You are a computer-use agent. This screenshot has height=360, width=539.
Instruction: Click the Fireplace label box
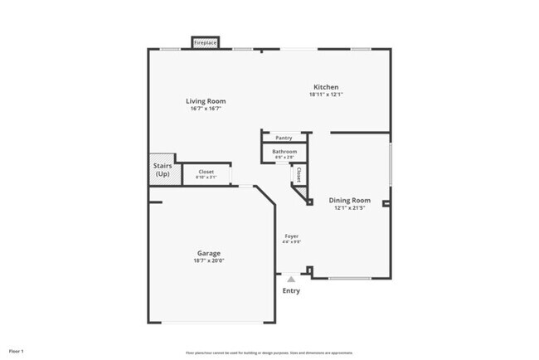coord(205,42)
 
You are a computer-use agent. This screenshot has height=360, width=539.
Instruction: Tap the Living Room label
coord(205,101)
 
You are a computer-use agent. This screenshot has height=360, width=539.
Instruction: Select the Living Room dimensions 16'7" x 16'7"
coord(205,108)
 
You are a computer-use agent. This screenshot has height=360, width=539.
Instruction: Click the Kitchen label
coord(325,87)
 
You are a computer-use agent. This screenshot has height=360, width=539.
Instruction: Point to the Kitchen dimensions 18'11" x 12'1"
coord(325,95)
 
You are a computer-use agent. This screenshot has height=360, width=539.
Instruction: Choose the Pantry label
coord(284,138)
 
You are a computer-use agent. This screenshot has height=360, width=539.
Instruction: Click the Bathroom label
coord(284,152)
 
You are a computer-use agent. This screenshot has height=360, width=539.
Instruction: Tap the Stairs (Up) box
coord(163,170)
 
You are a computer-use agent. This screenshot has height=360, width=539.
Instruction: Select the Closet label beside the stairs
coord(206,172)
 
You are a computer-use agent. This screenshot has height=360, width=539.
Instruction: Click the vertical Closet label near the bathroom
coord(298,175)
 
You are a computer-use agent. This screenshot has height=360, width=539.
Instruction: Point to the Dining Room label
coord(349,201)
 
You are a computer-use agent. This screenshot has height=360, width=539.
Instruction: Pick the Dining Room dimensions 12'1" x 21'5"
coord(349,208)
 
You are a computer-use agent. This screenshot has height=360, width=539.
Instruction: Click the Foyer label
coord(291,236)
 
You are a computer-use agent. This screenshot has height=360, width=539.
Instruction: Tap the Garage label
coord(208,253)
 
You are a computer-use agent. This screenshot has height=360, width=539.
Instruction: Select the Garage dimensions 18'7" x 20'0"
coord(208,260)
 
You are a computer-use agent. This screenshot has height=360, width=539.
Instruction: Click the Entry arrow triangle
coord(291,280)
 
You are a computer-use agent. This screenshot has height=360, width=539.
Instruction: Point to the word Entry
coord(291,291)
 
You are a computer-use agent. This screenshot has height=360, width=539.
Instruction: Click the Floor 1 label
coord(17,352)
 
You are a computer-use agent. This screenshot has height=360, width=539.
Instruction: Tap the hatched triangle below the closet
coord(303,195)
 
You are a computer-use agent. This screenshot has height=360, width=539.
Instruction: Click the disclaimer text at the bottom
coord(269,352)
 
